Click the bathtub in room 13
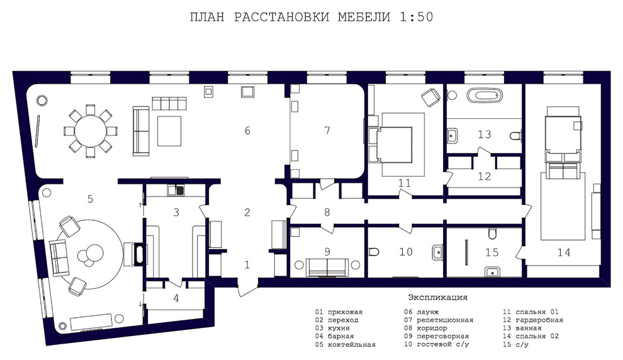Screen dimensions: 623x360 (x=485, y=96)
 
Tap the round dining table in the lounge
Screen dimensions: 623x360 (x=91, y=131)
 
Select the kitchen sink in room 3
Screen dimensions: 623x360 (x=176, y=191)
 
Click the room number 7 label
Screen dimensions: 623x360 (x=327, y=130)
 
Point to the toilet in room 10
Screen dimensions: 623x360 (x=374, y=252)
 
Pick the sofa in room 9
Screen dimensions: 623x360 (x=327, y=267)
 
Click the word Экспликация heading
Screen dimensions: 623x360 (x=437, y=297)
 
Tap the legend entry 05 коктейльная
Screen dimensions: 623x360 (x=345, y=344)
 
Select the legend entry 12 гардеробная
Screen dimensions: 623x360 (x=533, y=320)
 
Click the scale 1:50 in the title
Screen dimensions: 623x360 (x=416, y=17)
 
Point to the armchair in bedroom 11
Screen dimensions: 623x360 (x=430, y=98)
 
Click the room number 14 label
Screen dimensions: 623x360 (x=563, y=252)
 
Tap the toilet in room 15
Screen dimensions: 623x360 (x=492, y=233)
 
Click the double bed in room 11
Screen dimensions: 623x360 (x=391, y=145)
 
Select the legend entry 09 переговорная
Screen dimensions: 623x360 (x=436, y=336)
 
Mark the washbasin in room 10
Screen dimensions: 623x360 (x=437, y=252)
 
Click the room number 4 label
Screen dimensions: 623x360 (x=176, y=298)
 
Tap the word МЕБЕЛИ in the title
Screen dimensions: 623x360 (x=364, y=17)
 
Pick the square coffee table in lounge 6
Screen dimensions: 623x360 (x=169, y=131)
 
